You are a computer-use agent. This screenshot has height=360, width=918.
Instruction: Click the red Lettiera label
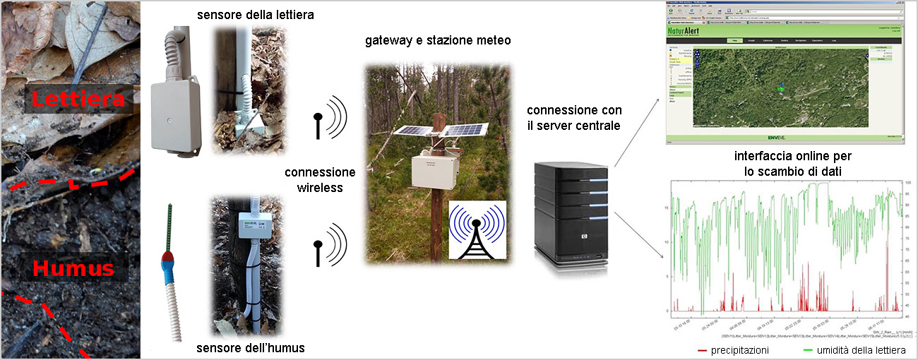point(77,100)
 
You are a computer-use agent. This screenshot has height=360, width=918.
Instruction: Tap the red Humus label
point(74,269)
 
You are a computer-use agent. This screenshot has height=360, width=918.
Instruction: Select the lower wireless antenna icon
point(329,244)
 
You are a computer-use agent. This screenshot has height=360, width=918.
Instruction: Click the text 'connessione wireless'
point(320,180)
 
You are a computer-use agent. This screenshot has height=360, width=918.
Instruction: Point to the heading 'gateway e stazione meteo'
point(438,40)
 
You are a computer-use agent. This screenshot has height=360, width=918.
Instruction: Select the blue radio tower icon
point(477,230)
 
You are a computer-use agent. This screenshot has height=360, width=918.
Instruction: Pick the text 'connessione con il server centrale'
point(574,118)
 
